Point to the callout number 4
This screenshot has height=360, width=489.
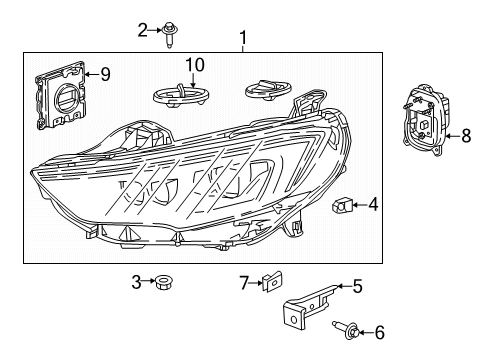(x=373, y=205)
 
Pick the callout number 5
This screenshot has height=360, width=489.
(x=358, y=286)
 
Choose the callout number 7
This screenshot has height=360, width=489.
(x=242, y=283)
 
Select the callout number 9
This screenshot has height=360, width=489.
(x=105, y=72)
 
